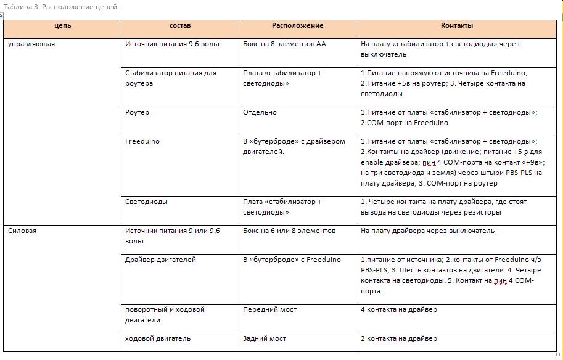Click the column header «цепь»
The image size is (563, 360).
pos(62,26)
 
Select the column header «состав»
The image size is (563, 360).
pos(180,26)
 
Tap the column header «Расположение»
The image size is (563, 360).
pos(297,26)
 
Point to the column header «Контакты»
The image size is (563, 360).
pos(457,26)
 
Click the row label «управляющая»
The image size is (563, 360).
pos(31,44)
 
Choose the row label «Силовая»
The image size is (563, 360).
pos(23,231)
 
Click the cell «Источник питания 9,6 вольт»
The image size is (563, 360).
pos(173,44)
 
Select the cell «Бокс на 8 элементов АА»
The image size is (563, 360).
pos(284,44)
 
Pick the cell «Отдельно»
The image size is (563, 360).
pos(260,113)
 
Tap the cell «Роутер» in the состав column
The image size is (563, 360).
pos(137,113)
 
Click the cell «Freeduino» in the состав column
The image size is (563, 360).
pos(142,141)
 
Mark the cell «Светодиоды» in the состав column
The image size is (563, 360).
pos(146,202)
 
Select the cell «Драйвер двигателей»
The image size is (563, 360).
pos(160,260)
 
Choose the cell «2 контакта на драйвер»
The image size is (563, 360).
pos(398,338)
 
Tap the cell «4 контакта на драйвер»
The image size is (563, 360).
pos(398,309)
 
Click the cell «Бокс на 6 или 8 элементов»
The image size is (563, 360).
pos(289,231)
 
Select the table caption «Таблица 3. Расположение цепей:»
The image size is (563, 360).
pos(60,7)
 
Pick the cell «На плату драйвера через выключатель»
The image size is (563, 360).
pos(427,231)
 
